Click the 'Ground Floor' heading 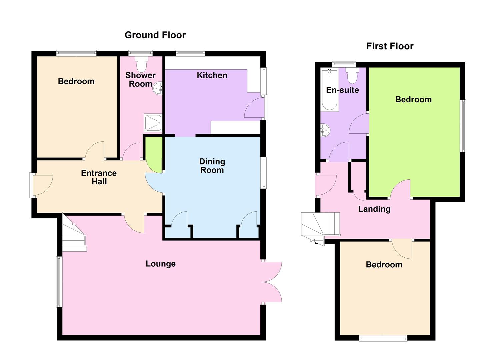[x=155, y=35]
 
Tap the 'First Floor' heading [x=390, y=46]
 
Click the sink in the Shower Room [x=157, y=88]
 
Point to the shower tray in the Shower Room [x=153, y=123]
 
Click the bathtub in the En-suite [x=329, y=90]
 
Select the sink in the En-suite [x=325, y=130]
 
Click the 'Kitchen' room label [x=212, y=75]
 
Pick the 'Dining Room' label [x=212, y=166]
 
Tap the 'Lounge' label [x=161, y=264]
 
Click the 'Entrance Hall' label [x=99, y=177]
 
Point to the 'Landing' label [x=374, y=209]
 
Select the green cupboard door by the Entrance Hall [x=154, y=155]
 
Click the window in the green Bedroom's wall [x=463, y=126]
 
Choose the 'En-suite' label [x=342, y=90]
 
